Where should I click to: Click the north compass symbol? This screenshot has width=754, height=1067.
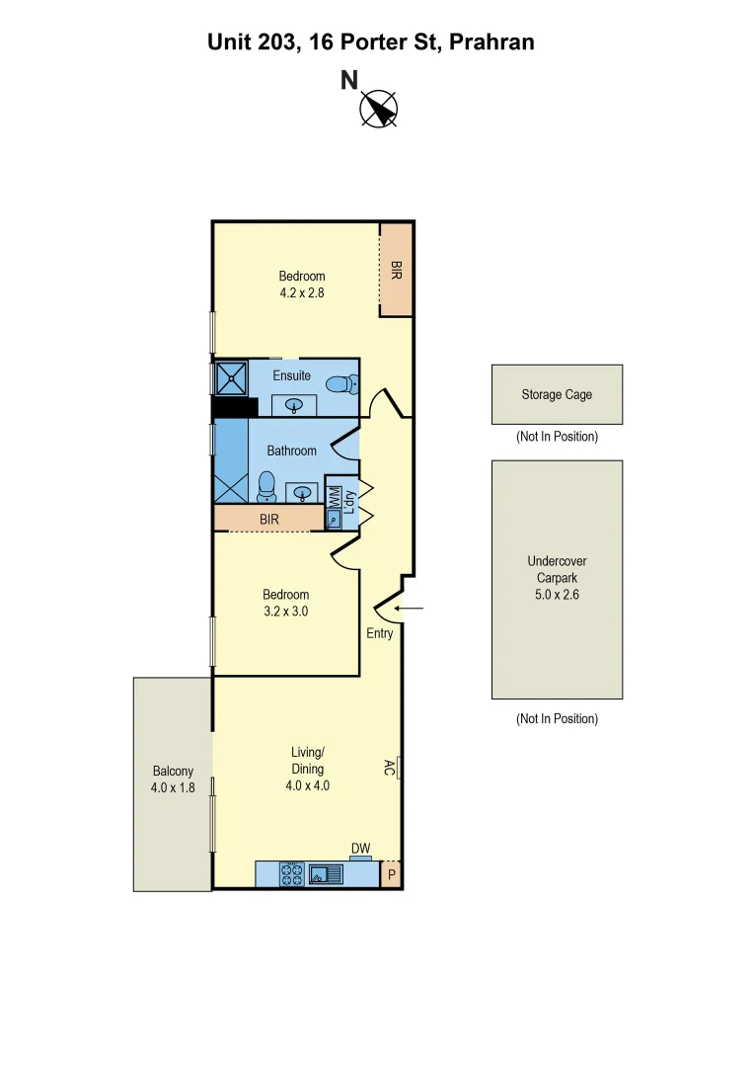(x=378, y=108)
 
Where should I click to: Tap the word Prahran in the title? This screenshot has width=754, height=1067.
(x=491, y=42)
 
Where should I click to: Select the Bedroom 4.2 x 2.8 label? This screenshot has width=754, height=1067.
(x=302, y=285)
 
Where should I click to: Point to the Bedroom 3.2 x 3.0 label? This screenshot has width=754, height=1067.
(x=285, y=603)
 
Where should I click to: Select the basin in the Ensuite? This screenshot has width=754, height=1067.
(x=293, y=403)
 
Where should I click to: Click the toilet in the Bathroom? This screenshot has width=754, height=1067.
(x=265, y=486)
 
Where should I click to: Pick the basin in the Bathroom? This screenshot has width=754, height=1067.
(x=302, y=491)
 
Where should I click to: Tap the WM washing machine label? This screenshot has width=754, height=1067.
(x=334, y=498)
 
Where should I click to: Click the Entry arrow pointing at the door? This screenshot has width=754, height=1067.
(x=415, y=609)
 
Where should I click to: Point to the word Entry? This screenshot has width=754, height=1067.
(x=379, y=633)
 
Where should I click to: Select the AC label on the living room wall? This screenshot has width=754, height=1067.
(x=390, y=767)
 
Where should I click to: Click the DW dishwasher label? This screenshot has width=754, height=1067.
(x=361, y=849)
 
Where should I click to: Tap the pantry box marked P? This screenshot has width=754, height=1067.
(x=391, y=874)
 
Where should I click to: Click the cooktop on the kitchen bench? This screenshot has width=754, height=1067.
(x=292, y=873)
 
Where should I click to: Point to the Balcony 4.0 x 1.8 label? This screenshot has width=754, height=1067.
(x=173, y=780)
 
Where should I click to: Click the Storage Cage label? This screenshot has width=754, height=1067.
(x=557, y=394)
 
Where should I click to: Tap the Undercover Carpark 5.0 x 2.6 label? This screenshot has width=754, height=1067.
(x=557, y=578)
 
